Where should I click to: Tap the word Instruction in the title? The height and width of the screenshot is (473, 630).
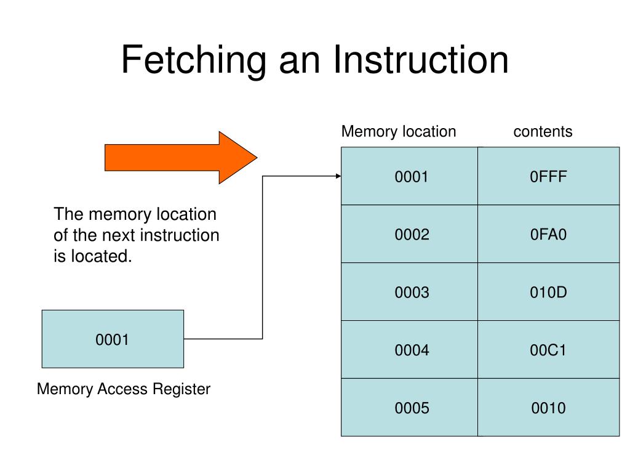tap(421, 60)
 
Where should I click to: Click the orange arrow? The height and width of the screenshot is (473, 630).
tap(181, 158)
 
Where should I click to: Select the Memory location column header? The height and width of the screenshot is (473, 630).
tap(399, 132)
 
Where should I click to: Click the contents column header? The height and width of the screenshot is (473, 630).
tap(543, 132)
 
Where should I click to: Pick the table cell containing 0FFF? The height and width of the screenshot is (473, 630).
tap(548, 176)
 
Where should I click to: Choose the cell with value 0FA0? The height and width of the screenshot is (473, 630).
tap(548, 234)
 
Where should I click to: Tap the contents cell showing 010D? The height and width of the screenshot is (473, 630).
tap(548, 292)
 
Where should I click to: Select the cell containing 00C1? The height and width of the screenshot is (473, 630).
tap(548, 350)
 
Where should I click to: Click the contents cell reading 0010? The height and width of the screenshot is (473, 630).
tap(548, 408)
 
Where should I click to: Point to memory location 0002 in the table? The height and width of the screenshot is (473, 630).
tap(409, 234)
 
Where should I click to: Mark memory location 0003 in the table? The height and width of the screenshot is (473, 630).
tap(409, 292)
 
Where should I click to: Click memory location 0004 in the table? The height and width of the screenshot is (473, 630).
tap(409, 350)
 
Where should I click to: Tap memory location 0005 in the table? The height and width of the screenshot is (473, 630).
tap(409, 408)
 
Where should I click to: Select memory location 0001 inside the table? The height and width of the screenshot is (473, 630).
tap(409, 176)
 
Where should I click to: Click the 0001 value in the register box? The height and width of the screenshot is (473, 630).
tap(112, 340)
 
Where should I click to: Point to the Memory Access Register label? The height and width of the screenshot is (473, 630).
tap(124, 389)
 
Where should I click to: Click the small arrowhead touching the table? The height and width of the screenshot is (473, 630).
tap(338, 176)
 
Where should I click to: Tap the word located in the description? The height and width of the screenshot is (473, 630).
tap(102, 256)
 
